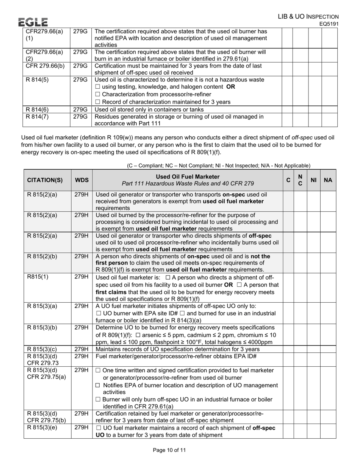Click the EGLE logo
(33, 22)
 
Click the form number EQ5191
(329, 24)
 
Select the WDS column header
(81, 180)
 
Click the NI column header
(313, 180)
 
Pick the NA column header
(328, 180)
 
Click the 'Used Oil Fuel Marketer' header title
(188, 177)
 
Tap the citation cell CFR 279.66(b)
(45, 66)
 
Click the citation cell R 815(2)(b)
(42, 256)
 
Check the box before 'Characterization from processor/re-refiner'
(97, 94)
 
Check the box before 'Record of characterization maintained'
(97, 102)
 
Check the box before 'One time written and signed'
(98, 370)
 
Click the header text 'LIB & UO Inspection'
(308, 17)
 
